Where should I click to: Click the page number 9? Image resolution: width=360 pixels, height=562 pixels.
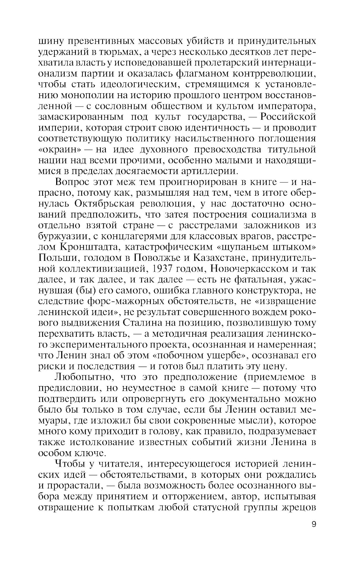pos(314,524)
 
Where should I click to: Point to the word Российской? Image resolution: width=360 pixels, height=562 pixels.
pos(288,117)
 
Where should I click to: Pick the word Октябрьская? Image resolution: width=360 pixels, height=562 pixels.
pos(105,203)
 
